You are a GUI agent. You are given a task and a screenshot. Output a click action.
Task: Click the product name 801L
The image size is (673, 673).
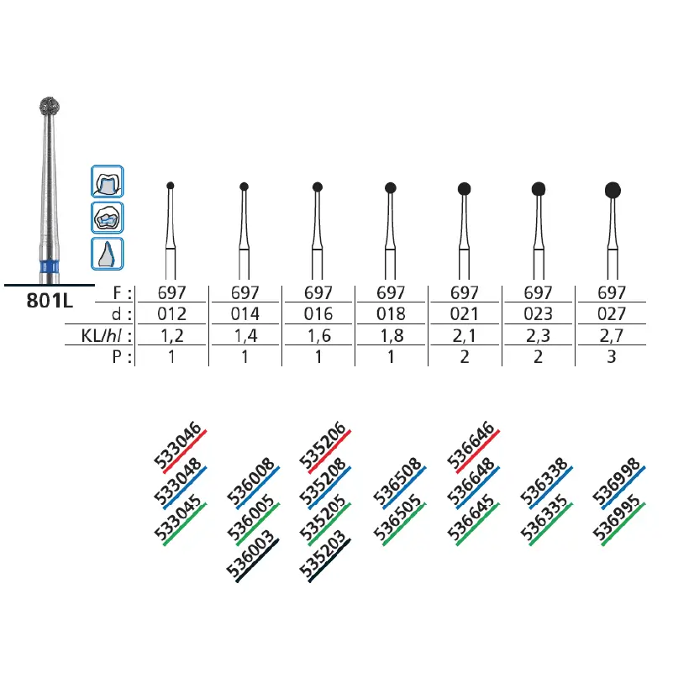[x=50, y=301]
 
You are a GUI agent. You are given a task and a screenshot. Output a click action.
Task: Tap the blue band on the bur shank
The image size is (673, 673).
[x=50, y=266]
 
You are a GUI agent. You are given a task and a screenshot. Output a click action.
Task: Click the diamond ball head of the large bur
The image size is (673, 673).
[x=50, y=107]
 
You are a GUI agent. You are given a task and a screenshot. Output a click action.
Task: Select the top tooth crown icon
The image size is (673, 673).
[x=108, y=181]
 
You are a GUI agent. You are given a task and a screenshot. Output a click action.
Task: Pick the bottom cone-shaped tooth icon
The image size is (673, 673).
[x=108, y=254]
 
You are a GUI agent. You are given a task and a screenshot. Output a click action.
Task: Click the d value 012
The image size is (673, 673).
[x=171, y=314]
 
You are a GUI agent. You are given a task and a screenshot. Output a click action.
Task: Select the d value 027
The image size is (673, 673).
[x=612, y=314]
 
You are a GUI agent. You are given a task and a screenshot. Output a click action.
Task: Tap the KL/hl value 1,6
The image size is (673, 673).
[x=318, y=335]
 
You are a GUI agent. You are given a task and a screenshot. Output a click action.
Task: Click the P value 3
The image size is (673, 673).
[x=612, y=357]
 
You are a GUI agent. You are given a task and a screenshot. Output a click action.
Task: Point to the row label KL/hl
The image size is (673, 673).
[x=106, y=335]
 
